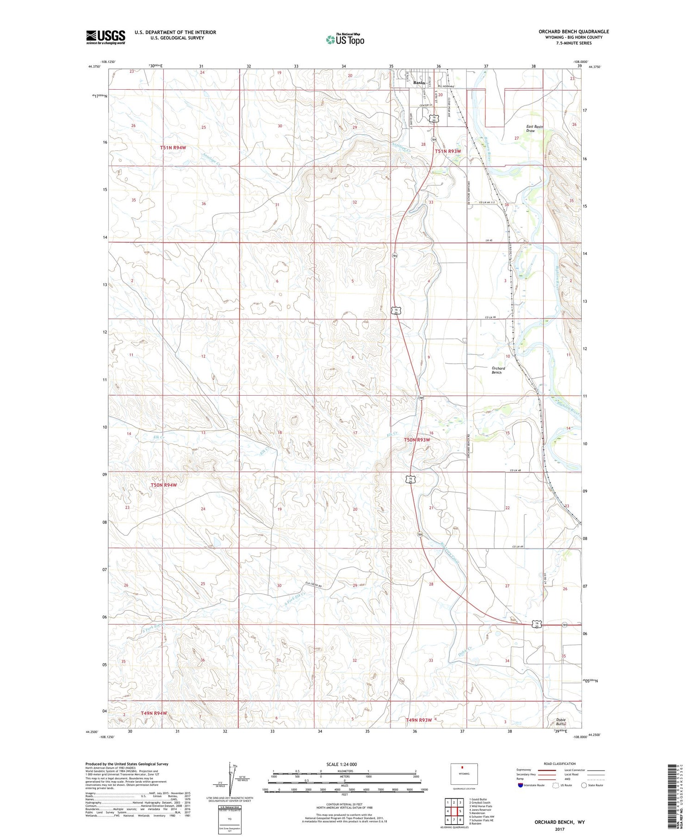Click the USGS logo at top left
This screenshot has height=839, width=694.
pyautogui.click(x=105, y=37)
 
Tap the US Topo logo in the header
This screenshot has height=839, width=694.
pyautogui.click(x=345, y=40)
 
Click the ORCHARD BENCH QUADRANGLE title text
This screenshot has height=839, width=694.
pyautogui.click(x=574, y=31)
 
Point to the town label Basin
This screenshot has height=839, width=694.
pyautogui.click(x=419, y=83)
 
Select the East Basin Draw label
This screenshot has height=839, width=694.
pyautogui.click(x=534, y=129)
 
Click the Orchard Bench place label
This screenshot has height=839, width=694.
pyautogui.click(x=498, y=370)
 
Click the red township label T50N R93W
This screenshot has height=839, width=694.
pyautogui.click(x=417, y=440)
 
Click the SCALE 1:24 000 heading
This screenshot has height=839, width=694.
pyautogui.click(x=341, y=764)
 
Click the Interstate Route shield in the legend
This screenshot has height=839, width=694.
pyautogui.click(x=520, y=785)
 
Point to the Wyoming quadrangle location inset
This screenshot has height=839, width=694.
pyautogui.click(x=464, y=774)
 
